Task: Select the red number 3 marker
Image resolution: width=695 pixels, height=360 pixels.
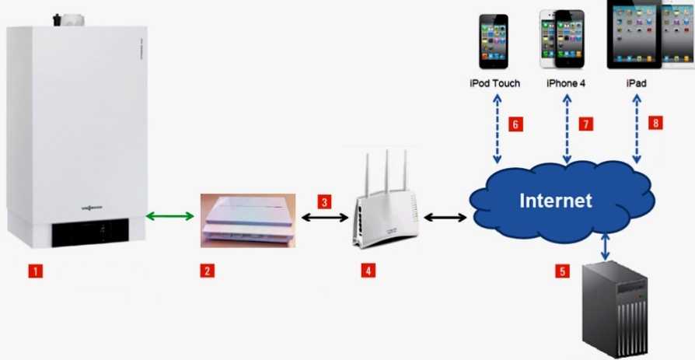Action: [x=325, y=201]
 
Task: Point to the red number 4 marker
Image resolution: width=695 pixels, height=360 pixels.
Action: [x=368, y=271]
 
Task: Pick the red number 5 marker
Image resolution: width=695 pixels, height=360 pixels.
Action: [x=562, y=271]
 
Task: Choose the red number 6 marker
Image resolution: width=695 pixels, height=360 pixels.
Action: [x=515, y=124]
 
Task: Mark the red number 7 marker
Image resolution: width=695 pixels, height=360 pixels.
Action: [x=586, y=124]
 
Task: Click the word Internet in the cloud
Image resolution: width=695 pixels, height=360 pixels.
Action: [x=555, y=201]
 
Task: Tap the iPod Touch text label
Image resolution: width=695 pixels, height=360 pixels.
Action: [x=494, y=82]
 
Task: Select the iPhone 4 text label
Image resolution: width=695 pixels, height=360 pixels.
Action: [x=565, y=82]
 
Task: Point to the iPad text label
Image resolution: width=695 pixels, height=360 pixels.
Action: [x=636, y=82]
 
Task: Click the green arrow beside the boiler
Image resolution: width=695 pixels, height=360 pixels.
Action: [x=170, y=215]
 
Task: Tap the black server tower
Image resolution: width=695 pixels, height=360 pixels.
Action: [x=615, y=310]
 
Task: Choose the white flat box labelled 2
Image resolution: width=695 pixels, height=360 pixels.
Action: [x=248, y=220]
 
